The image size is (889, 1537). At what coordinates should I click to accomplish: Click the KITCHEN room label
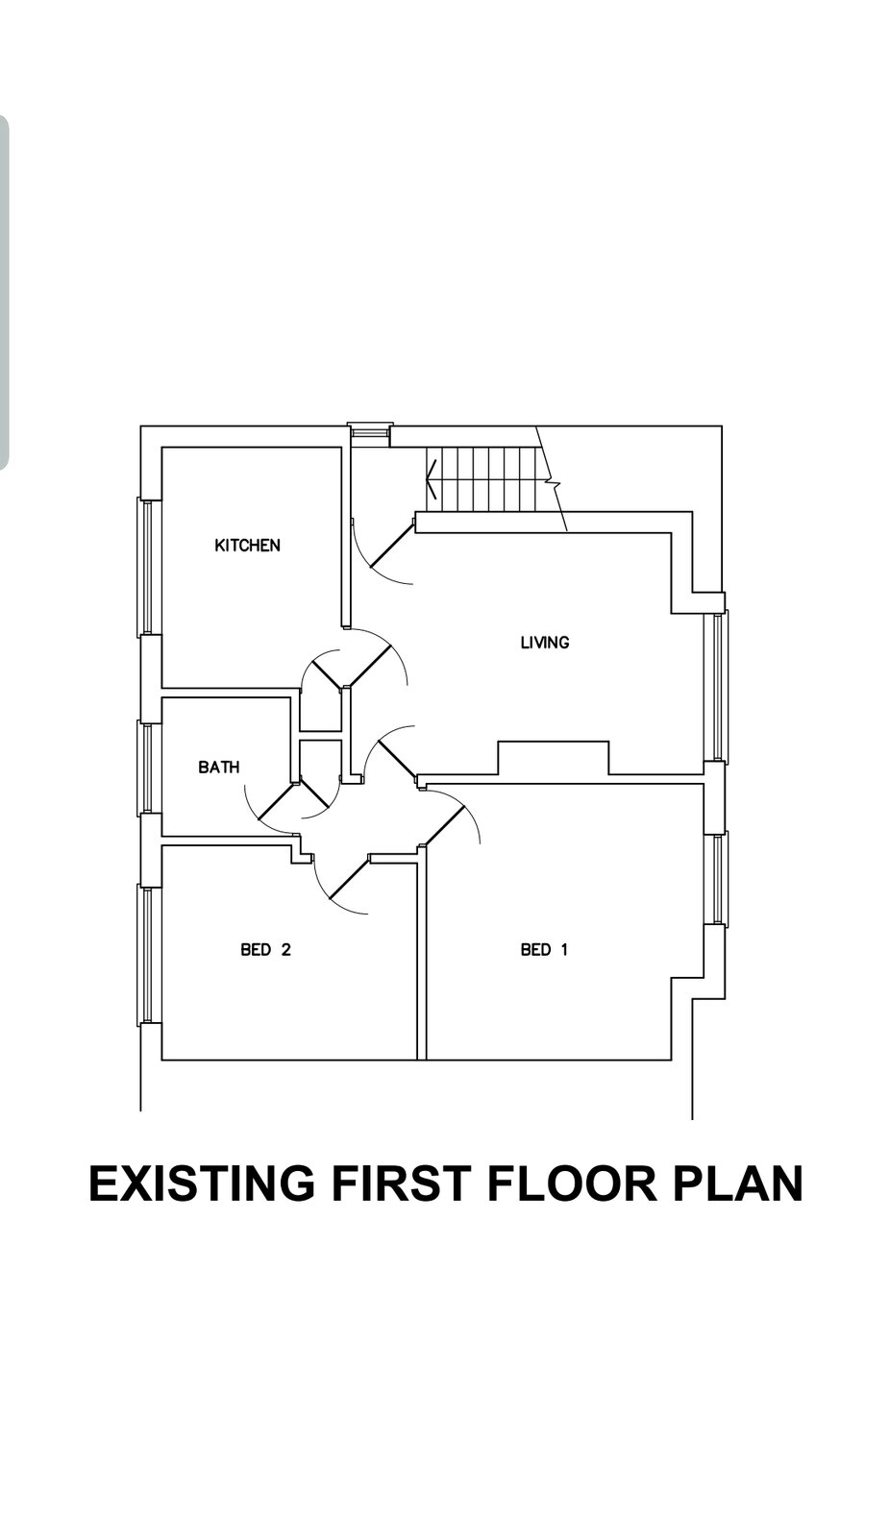click(247, 545)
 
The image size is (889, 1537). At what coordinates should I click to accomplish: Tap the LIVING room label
click(544, 643)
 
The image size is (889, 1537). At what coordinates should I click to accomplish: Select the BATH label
click(219, 767)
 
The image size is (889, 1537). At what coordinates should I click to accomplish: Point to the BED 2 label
click(265, 949)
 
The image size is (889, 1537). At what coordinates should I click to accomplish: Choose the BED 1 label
click(544, 949)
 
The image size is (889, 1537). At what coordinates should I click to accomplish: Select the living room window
click(716, 686)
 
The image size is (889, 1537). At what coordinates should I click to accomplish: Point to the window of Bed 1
click(716, 879)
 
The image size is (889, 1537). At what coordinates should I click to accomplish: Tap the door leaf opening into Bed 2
click(350, 878)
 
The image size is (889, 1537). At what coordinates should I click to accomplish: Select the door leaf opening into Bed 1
click(444, 824)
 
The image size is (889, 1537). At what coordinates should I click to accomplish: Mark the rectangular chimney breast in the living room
click(554, 758)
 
